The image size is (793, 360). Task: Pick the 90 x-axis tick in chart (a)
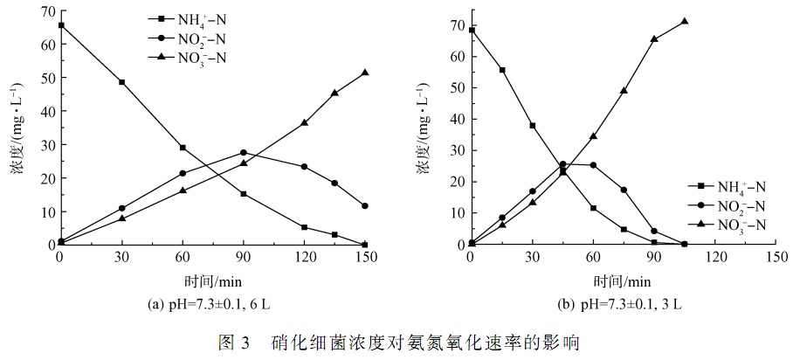click(244, 258)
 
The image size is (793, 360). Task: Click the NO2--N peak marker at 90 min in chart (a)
click(244, 153)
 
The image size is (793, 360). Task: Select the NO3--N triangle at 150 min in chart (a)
click(365, 73)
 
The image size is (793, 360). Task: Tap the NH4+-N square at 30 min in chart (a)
click(121, 82)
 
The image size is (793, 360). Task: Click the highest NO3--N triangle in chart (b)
click(685, 22)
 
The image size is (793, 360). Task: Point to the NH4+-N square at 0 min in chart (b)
click(472, 31)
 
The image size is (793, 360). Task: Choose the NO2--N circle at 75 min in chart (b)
click(624, 190)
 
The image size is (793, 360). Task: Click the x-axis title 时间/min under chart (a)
click(213, 280)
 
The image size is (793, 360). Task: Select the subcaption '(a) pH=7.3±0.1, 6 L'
click(210, 305)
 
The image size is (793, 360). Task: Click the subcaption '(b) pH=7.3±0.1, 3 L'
click(620, 305)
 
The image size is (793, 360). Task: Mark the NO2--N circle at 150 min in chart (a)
click(365, 206)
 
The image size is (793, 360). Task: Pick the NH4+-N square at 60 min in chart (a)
click(183, 148)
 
